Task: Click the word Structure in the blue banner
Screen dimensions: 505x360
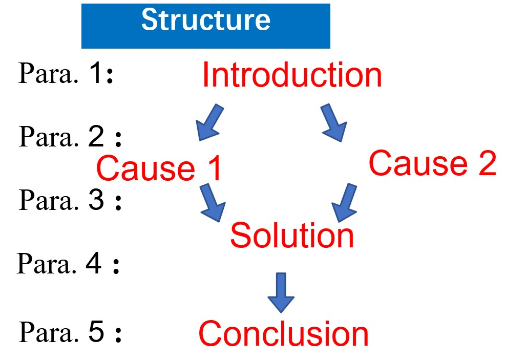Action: click(206, 20)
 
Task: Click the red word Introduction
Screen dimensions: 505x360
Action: click(292, 75)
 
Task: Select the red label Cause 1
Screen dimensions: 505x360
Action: click(159, 168)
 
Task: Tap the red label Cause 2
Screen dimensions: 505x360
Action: click(432, 163)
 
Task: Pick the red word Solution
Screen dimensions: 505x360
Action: click(292, 236)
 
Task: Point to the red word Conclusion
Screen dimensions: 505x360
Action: click(283, 333)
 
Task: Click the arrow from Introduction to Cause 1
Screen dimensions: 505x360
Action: click(209, 122)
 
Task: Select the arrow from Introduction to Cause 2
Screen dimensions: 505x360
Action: click(333, 123)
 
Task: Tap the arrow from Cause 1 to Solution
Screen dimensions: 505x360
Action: click(213, 203)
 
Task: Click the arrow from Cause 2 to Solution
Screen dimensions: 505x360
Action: click(345, 203)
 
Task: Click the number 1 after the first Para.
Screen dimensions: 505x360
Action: click(96, 72)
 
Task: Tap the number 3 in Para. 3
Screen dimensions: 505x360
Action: click(96, 199)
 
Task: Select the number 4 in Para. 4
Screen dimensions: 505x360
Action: click(94, 263)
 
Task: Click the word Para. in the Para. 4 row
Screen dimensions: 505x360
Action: click(47, 263)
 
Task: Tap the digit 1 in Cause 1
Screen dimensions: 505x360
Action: click(215, 168)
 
